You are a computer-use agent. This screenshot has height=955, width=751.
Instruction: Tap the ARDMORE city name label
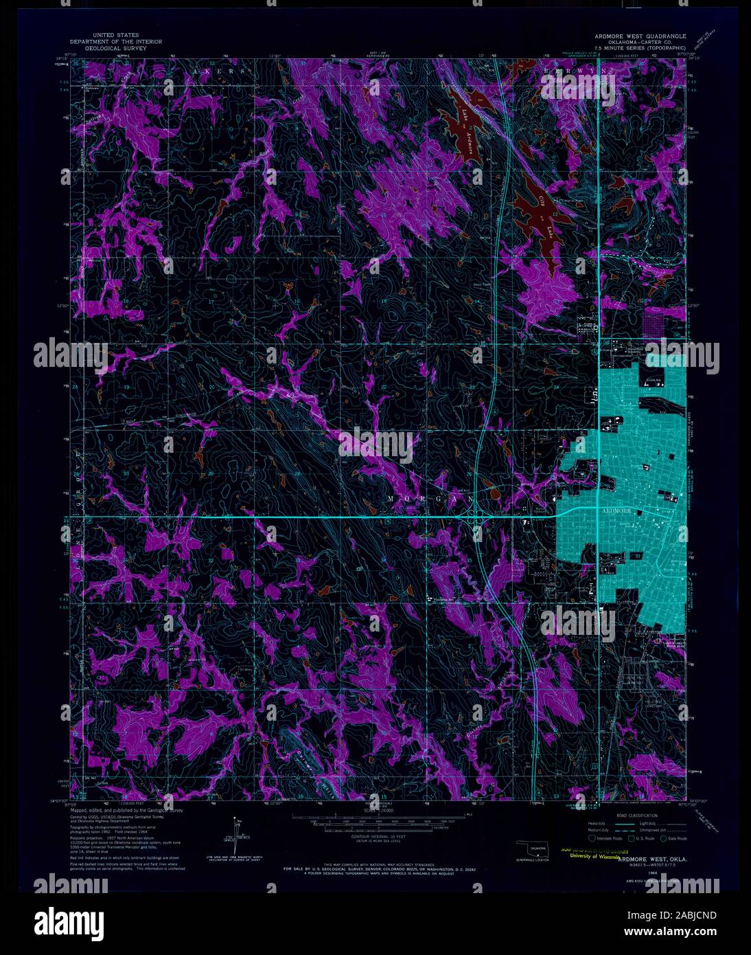click(614, 511)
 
